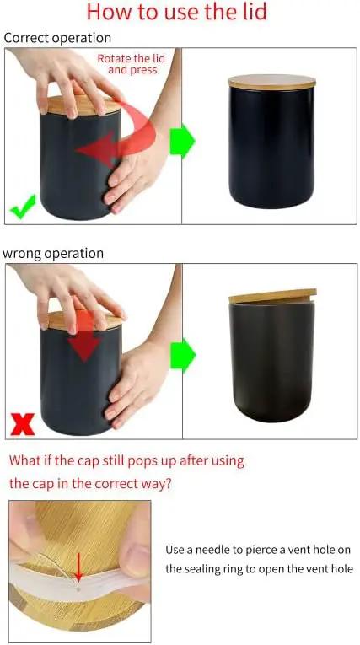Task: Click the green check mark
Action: click(23, 207)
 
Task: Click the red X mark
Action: click(23, 424)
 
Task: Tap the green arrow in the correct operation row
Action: click(182, 140)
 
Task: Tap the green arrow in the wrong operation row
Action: click(183, 356)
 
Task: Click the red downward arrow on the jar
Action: click(84, 335)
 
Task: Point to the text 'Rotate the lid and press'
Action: click(132, 64)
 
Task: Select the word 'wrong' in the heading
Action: click(21, 254)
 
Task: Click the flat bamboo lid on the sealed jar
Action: click(272, 82)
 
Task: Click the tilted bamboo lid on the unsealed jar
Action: click(273, 296)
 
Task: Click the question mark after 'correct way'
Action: click(168, 483)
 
